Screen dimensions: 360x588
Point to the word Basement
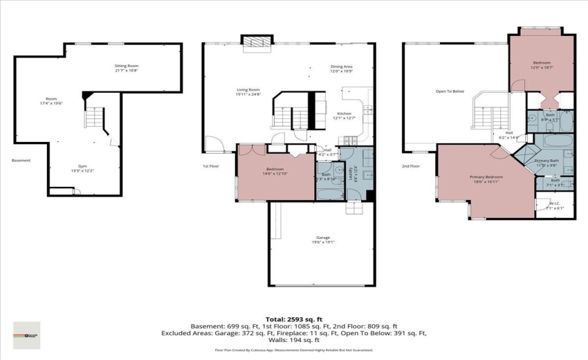click(21, 161)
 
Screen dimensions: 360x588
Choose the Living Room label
click(248, 91)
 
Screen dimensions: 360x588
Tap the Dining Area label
click(341, 69)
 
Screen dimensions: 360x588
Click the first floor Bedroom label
click(276, 170)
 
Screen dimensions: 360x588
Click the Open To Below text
click(450, 91)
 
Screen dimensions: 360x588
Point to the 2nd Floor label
click(411, 166)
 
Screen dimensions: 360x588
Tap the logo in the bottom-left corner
click(26, 335)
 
